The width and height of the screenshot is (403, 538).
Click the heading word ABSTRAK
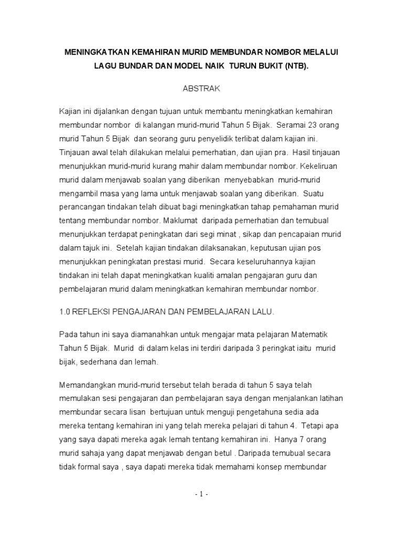coord(201,89)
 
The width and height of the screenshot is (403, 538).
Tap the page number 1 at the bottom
coord(201,494)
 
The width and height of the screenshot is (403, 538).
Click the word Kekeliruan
coord(320,166)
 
